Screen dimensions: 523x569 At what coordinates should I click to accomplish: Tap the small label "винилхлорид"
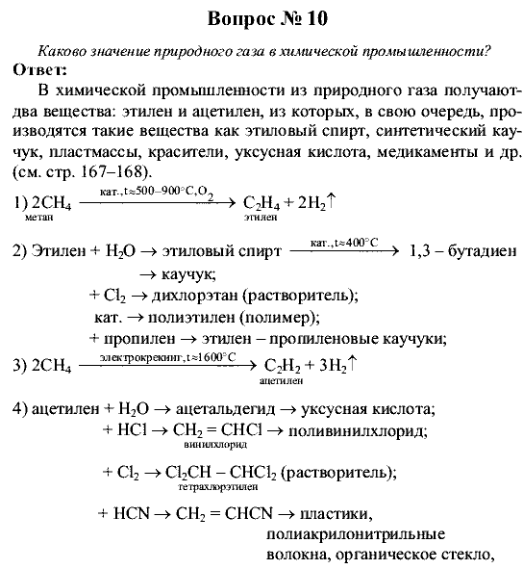point(213,446)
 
